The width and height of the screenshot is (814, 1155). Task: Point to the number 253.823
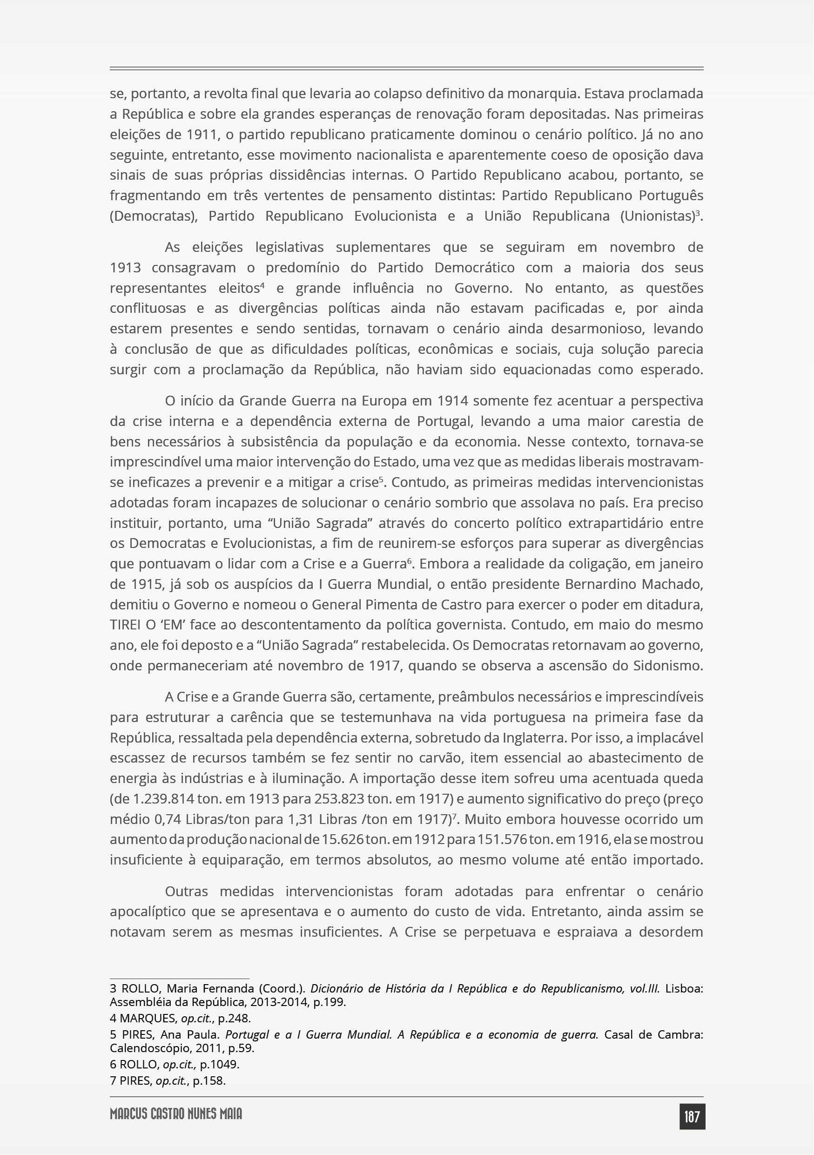click(339, 799)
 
